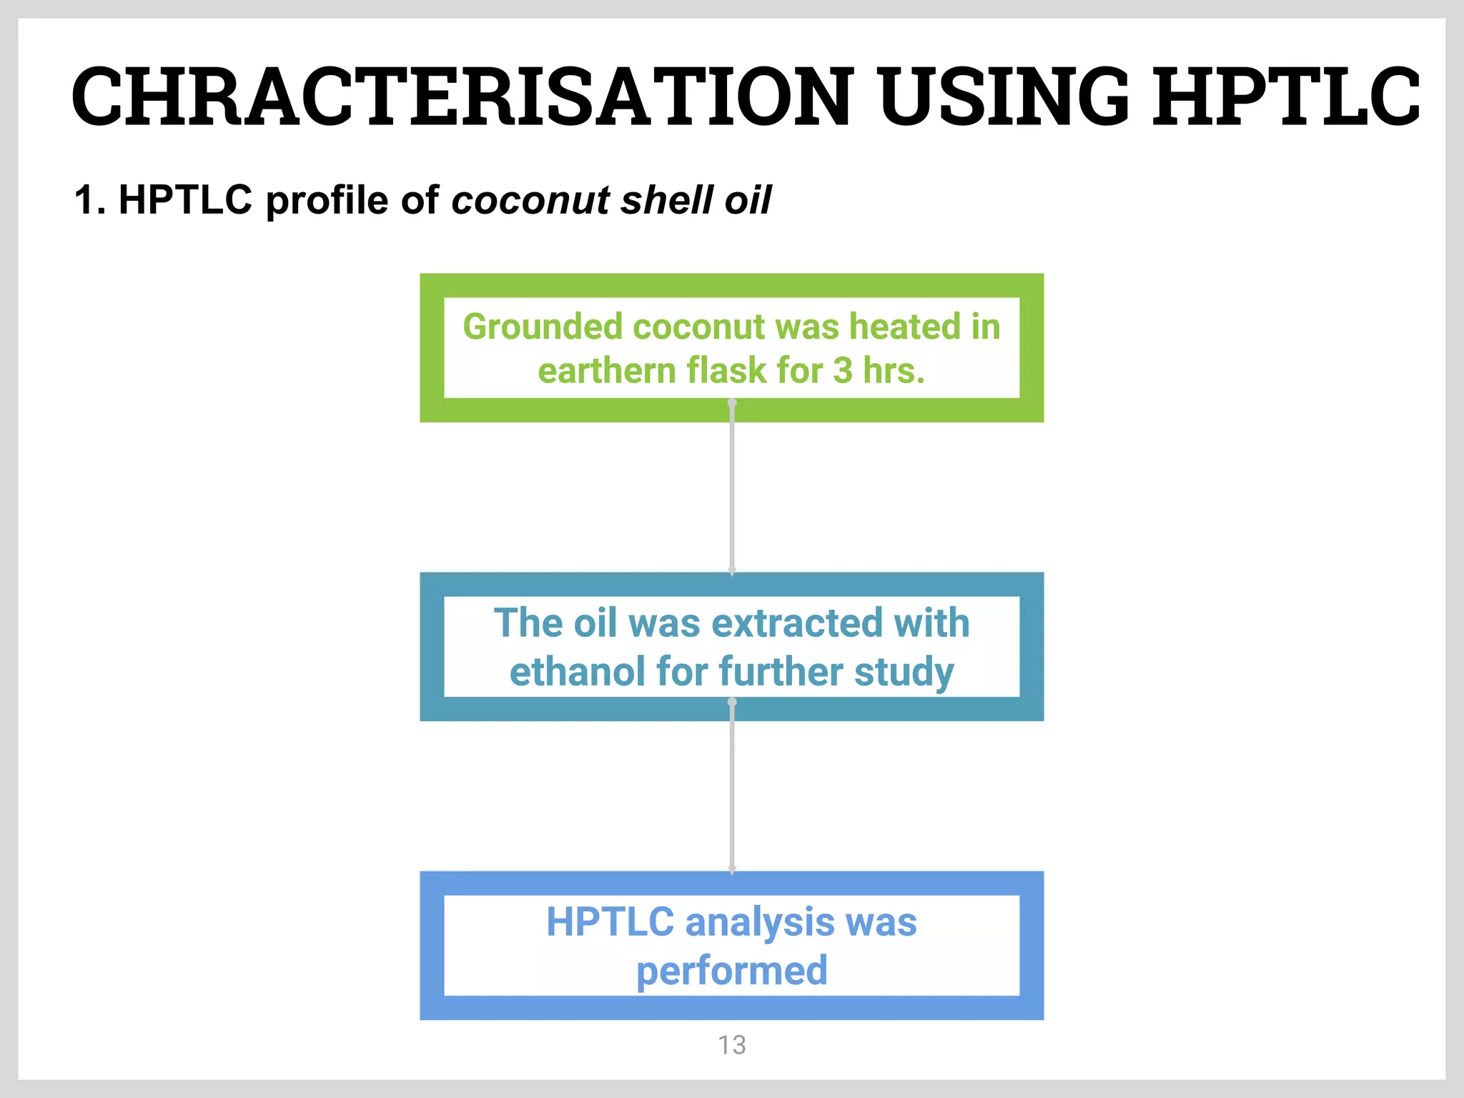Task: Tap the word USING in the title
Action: coord(1004,97)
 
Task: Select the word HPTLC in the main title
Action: coord(1286,97)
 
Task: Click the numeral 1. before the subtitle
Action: coord(90,199)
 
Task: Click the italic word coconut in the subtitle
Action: coord(530,200)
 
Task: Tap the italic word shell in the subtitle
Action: coord(667,199)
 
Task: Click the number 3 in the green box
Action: coord(842,371)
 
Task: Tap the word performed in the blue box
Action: coord(731,971)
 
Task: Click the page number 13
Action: coord(731,1045)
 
